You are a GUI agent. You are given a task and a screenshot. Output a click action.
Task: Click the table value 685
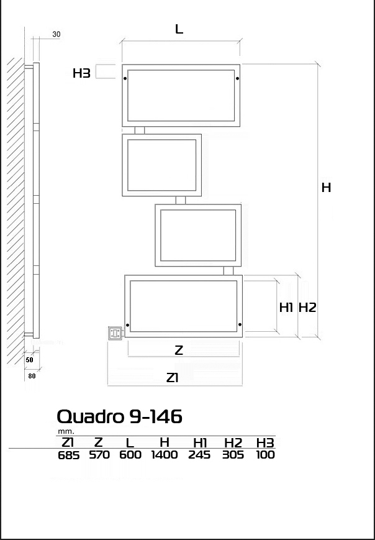point(69,455)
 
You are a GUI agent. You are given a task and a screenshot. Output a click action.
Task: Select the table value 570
point(99,455)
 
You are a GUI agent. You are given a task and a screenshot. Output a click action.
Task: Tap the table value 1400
point(165,455)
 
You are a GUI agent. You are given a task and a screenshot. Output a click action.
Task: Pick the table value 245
point(199,455)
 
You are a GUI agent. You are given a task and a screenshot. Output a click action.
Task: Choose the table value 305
point(233,455)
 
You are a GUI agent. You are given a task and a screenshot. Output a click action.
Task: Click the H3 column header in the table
point(265,442)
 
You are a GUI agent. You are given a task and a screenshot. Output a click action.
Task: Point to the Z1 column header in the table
point(67,442)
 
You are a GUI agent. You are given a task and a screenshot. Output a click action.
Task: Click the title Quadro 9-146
point(119,416)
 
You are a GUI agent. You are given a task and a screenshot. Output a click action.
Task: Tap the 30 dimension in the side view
point(56,34)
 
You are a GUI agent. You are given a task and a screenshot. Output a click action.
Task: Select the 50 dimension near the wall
point(30,360)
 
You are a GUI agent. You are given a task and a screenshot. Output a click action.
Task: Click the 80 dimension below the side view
point(32,376)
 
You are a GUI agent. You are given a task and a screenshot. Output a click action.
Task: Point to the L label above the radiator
point(179,29)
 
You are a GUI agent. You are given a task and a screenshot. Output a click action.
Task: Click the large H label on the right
point(326,188)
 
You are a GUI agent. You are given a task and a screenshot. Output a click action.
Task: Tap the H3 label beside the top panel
point(81,73)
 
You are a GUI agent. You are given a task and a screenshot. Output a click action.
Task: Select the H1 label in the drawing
point(286,308)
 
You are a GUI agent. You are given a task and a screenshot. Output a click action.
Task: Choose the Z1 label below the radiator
point(173,378)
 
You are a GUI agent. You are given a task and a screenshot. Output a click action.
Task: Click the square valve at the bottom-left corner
point(115,333)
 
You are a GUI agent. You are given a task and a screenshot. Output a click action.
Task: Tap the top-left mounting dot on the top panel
point(125,78)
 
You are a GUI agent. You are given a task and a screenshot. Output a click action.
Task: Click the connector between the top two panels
point(140,130)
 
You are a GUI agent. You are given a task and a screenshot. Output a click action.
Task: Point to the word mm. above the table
point(66,431)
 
